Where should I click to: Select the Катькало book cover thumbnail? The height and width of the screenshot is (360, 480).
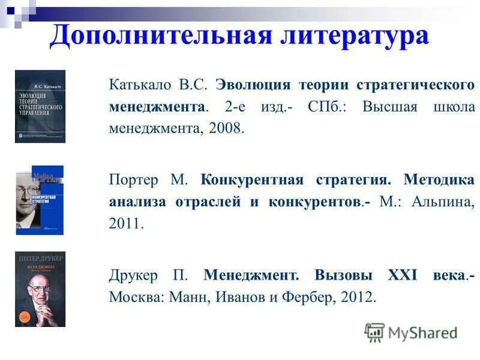pos(40,106)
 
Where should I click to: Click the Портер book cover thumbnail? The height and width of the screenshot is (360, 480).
pos(40,200)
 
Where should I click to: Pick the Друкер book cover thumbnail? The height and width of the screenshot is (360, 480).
pos(40,290)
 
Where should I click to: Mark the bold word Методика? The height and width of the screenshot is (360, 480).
pos(439,179)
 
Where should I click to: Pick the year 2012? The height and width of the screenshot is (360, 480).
pos(357,296)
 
